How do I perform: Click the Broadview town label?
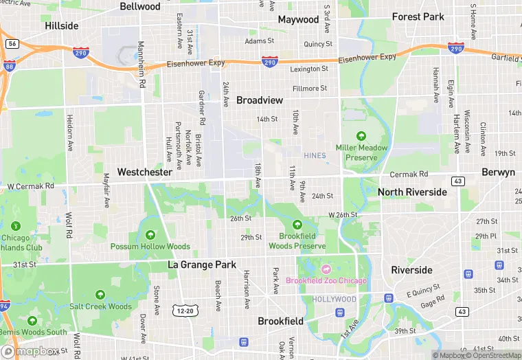[x=260, y=100]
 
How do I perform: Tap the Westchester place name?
[x=144, y=172]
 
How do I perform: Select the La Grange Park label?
[x=202, y=265]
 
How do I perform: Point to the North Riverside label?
[x=412, y=192]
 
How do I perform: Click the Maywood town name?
[x=298, y=19]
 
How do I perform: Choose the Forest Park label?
[x=418, y=16]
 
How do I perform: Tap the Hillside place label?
[x=62, y=25]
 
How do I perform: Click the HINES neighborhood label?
[x=314, y=156]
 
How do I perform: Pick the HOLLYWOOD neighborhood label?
[x=334, y=300]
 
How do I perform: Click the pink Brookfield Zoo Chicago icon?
[x=327, y=269]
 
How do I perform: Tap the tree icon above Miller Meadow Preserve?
[x=362, y=135]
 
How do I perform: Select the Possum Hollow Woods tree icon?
[x=150, y=235]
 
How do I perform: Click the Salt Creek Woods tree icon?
[x=100, y=295]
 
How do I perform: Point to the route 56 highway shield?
[x=12, y=43]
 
